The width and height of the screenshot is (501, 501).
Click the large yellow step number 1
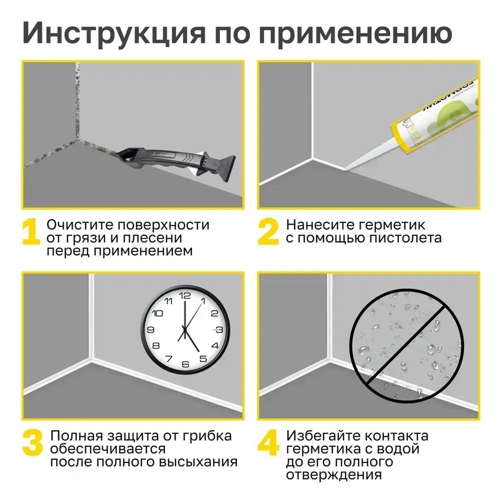pos(31,232)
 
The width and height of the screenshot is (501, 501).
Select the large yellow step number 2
pos(268,232)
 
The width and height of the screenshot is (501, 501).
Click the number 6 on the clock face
pos(185,364)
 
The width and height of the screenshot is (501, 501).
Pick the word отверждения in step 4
pos(334,474)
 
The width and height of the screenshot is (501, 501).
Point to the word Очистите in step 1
pos(78,224)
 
